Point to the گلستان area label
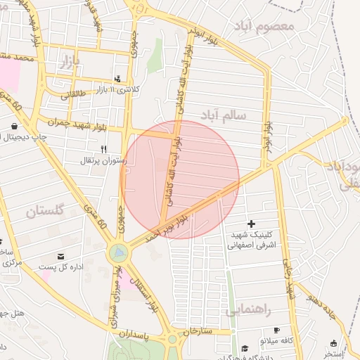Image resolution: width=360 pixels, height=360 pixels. [44, 210]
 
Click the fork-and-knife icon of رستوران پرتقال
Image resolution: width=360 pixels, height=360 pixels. [104, 149]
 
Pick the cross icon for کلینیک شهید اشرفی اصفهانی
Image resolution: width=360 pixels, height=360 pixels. [251, 223]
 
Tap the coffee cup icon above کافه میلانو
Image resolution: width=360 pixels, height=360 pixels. [276, 330]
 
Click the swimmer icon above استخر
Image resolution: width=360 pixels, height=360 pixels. [334, 344]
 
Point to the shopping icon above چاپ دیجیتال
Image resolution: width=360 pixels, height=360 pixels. [14, 127]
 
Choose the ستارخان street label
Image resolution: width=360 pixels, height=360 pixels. [198, 331]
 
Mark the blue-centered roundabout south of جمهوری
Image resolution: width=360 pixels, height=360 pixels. [119, 252]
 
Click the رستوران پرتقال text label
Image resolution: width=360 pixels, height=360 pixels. [104, 161]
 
